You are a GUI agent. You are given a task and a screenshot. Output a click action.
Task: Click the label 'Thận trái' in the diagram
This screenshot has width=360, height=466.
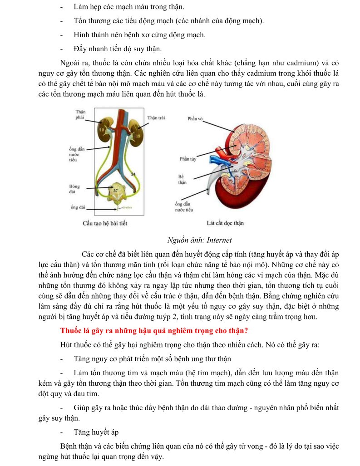156,118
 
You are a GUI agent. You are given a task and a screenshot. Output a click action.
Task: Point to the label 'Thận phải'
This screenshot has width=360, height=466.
80,115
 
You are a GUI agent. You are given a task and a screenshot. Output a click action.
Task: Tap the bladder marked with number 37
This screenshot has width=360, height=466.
116,190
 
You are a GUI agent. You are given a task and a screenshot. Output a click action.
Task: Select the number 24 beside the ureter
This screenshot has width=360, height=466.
133,174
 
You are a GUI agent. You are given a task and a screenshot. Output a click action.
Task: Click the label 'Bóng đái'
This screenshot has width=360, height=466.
74,189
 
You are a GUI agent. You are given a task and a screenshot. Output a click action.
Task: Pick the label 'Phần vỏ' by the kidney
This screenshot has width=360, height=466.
195,118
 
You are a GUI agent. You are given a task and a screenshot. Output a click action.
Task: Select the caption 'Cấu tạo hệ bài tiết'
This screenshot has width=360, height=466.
105,223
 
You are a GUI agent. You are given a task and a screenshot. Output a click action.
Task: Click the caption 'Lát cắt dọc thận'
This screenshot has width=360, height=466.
225,223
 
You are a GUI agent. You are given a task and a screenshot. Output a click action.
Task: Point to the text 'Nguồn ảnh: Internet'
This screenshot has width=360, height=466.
200,240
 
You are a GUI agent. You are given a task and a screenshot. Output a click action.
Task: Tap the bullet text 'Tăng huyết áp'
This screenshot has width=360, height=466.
95,432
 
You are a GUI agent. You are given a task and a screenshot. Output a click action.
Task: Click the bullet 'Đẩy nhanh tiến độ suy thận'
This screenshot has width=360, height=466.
118,49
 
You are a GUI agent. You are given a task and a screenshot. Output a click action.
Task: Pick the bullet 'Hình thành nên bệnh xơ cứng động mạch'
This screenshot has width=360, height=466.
139,35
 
